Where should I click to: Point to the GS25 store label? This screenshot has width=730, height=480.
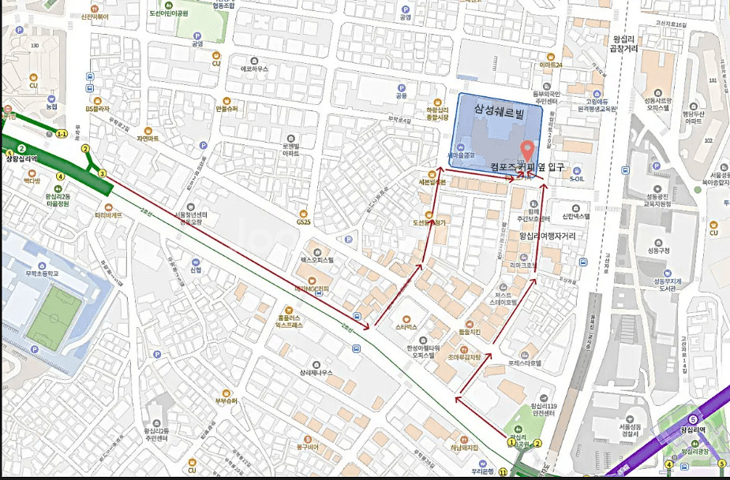tap(304, 221)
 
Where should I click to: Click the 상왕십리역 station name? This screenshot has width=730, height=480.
tap(21, 158)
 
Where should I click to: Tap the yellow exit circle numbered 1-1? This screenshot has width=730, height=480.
tap(62, 134)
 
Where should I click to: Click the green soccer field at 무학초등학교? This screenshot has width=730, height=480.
tap(48, 317)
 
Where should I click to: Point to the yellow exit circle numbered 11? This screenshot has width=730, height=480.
tap(502, 472)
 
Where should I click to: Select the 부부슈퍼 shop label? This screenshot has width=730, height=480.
tap(226, 400)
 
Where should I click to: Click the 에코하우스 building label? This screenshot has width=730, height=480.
tap(254, 69)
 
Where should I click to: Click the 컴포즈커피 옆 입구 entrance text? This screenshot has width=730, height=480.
tap(521, 166)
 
